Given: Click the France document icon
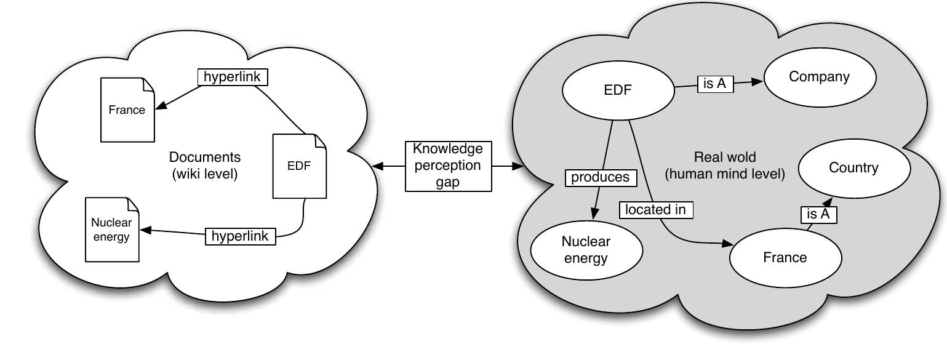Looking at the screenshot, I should pyautogui.click(x=127, y=110).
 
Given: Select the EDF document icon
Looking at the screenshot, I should pyautogui.click(x=299, y=166).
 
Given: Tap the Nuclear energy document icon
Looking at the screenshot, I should pyautogui.click(x=111, y=230).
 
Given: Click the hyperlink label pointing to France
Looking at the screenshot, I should pyautogui.click(x=233, y=77).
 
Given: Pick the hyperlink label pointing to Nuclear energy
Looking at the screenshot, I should pyautogui.click(x=240, y=236).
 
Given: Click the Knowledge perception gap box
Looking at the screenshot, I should pyautogui.click(x=448, y=166).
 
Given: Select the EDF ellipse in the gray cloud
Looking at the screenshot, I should pyautogui.click(x=617, y=90).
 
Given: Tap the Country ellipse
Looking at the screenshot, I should pyautogui.click(x=853, y=168).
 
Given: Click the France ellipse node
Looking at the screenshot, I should pyautogui.click(x=785, y=257).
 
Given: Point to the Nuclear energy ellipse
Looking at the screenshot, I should pyautogui.click(x=586, y=250).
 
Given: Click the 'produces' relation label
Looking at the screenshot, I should pyautogui.click(x=600, y=177).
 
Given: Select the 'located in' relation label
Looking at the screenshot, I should pyautogui.click(x=655, y=210).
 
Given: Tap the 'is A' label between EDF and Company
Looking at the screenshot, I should pyautogui.click(x=715, y=84).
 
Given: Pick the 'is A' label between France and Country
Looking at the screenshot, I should pyautogui.click(x=818, y=214).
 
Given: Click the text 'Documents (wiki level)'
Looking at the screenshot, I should pyautogui.click(x=205, y=166).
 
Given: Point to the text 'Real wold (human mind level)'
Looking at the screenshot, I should pyautogui.click(x=724, y=166).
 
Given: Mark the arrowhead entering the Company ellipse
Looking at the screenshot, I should pyautogui.click(x=757, y=81).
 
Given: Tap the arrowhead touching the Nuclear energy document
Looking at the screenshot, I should pyautogui.click(x=146, y=230).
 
